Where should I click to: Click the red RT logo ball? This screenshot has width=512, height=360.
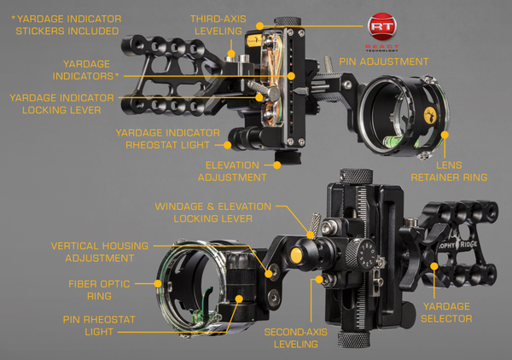pyautogui.click(x=382, y=26)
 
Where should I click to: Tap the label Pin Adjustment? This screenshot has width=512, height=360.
pyautogui.click(x=384, y=61)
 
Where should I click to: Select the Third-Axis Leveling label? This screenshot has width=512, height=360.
pyautogui.click(x=218, y=25)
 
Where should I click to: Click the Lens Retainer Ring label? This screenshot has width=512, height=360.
pyautogui.click(x=449, y=171)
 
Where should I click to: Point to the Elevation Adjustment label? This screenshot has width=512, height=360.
pyautogui.click(x=232, y=171)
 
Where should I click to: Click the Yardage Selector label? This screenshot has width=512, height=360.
pyautogui.click(x=446, y=312)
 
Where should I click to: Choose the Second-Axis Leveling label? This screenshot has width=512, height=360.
pyautogui.click(x=296, y=338)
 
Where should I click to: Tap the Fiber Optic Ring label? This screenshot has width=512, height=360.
pyautogui.click(x=99, y=290)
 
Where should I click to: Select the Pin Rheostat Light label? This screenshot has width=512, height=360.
pyautogui.click(x=99, y=325)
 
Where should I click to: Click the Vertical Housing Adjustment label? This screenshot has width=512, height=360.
pyautogui.click(x=100, y=252)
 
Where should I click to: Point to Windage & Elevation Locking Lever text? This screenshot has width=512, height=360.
pyautogui.click(x=212, y=212)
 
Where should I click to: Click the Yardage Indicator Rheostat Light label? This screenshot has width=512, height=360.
pyautogui.click(x=167, y=139)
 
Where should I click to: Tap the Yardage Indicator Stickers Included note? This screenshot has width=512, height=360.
pyautogui.click(x=67, y=25)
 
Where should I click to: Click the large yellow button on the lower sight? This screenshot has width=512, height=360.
pyautogui.click(x=296, y=254)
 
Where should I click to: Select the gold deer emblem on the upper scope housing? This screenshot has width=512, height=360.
pyautogui.click(x=431, y=115)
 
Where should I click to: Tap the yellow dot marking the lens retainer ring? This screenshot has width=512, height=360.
pyautogui.click(x=445, y=135)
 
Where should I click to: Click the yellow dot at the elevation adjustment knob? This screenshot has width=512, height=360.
pyautogui.click(x=276, y=165)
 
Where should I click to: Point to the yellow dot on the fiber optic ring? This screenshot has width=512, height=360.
pyautogui.click(x=158, y=283)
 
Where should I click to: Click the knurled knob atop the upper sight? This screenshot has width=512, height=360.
pyautogui.click(x=288, y=21)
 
